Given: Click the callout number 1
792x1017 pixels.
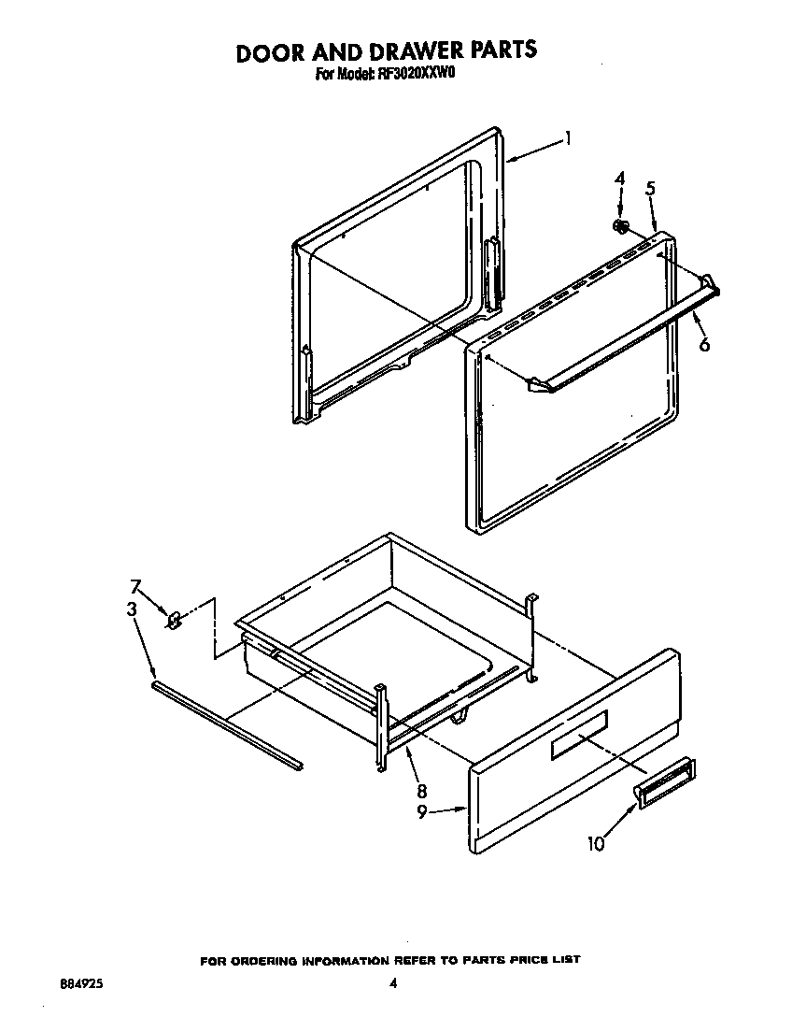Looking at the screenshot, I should pyautogui.click(x=567, y=140).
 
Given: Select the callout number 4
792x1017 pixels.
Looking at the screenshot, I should pyautogui.click(x=619, y=179).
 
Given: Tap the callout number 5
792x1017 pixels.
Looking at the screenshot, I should pyautogui.click(x=650, y=188).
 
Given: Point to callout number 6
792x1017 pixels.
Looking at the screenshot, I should pyautogui.click(x=704, y=345).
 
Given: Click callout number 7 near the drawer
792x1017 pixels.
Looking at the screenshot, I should pyautogui.click(x=135, y=586).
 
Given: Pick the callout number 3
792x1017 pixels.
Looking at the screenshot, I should pyautogui.click(x=133, y=609).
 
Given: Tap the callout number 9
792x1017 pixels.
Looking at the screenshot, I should pyautogui.click(x=422, y=812).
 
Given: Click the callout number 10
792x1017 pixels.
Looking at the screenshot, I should pyautogui.click(x=596, y=843).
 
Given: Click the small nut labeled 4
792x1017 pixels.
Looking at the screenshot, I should pyautogui.click(x=619, y=225).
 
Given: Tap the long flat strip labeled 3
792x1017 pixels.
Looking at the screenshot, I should pyautogui.click(x=225, y=724).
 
